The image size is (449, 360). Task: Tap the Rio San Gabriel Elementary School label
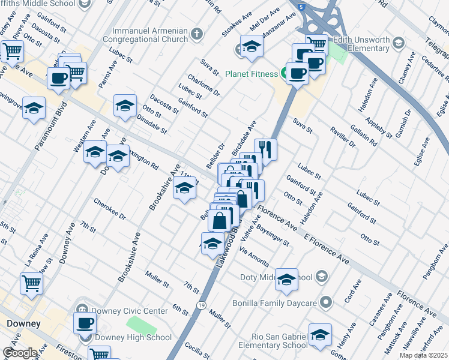coord(273,340)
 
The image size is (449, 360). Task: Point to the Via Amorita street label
coord(253,254)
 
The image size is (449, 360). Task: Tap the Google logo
coord(19,353)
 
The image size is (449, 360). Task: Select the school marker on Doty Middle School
coord(286,279)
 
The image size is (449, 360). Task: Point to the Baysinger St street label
coord(273,235)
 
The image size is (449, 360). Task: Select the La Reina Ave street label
coord(36,250)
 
